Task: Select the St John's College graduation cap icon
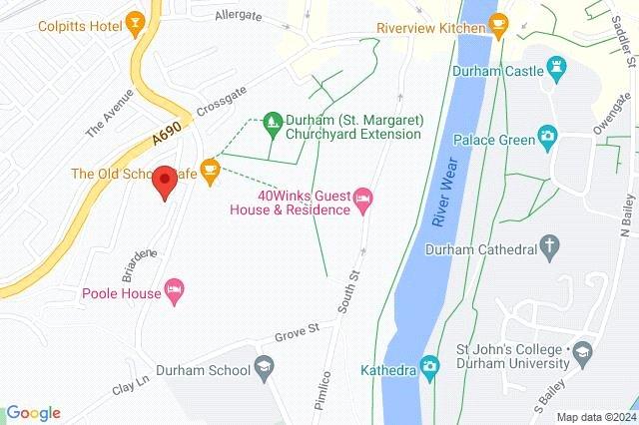[581, 350]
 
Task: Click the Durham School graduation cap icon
[264, 366]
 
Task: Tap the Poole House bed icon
[175, 289]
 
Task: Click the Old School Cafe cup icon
[210, 172]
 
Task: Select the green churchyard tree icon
[273, 126]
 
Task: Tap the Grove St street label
[299, 327]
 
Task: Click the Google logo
[33, 413]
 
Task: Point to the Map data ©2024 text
[595, 417]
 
